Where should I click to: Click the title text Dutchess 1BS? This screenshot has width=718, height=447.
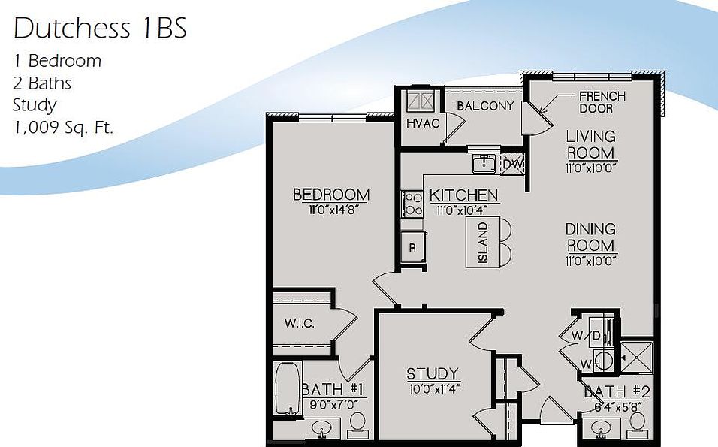(100, 29)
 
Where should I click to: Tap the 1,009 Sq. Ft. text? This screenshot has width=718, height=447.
(63, 127)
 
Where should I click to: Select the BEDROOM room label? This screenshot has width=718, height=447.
(331, 195)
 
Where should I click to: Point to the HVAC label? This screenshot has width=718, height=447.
(422, 123)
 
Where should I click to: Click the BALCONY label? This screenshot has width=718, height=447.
(485, 106)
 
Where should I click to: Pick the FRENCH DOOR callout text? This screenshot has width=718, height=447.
(602, 102)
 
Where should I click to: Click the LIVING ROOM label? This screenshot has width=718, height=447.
(591, 144)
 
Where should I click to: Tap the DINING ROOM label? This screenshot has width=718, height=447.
(591, 237)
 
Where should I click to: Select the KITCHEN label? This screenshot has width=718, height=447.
(463, 195)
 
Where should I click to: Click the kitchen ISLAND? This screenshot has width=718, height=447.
(483, 242)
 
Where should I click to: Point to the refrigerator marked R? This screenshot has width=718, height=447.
(413, 246)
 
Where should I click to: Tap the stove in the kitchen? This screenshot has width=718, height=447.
(412, 204)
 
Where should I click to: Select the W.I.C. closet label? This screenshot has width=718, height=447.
(299, 324)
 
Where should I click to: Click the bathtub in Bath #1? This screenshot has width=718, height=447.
(287, 388)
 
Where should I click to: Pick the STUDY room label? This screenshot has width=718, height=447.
(433, 373)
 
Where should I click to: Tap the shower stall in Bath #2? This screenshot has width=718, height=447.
(637, 358)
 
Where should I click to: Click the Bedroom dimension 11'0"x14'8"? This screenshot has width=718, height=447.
(331, 210)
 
